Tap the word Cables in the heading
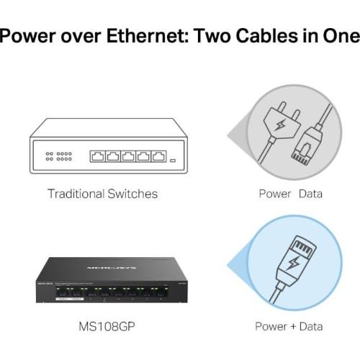tap(266, 35)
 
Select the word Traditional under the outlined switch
tap(76, 194)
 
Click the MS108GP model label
tap(107, 326)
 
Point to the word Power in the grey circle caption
tap(275, 194)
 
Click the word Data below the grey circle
tap(310, 194)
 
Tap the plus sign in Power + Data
tap(293, 327)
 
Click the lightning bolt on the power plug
tap(280, 125)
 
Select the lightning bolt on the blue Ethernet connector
tap(293, 264)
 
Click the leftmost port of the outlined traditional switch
tap(98, 156)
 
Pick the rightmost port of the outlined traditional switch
tap(158, 156)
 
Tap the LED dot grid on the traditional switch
tap(59, 156)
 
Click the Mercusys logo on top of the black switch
tap(112, 268)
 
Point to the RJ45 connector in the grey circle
tap(307, 146)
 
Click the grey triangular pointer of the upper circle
tap(238, 135)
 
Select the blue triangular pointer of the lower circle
tap(238, 265)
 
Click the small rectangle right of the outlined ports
tap(173, 160)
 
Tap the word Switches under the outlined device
tap(132, 194)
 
